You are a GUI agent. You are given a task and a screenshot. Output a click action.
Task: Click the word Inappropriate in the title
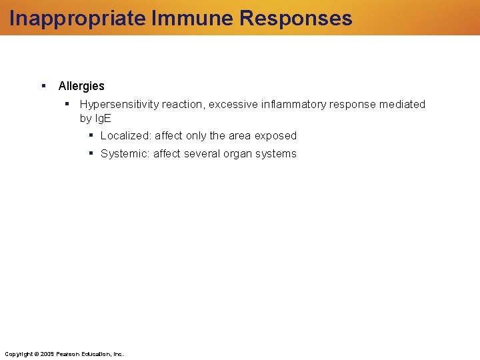pyautogui.click(x=78, y=18)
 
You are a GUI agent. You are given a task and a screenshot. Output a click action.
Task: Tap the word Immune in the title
pyautogui.click(x=193, y=18)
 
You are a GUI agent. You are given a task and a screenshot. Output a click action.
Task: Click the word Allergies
pyautogui.click(x=81, y=86)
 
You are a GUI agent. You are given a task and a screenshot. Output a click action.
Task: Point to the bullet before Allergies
pyautogui.click(x=43, y=85)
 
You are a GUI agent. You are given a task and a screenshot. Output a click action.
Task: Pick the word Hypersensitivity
pyautogui.click(x=119, y=104)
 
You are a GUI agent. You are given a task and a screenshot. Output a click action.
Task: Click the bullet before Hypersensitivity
pyautogui.click(x=67, y=103)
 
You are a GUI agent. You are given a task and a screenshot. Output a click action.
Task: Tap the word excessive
pyautogui.click(x=235, y=104)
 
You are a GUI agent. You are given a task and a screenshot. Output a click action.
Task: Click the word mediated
pyautogui.click(x=403, y=104)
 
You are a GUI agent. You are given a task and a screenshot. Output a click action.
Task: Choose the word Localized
pyautogui.click(x=125, y=135)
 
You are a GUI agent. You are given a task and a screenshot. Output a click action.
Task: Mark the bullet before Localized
pyautogui.click(x=91, y=135)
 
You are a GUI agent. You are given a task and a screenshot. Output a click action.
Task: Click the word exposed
pyautogui.click(x=275, y=135)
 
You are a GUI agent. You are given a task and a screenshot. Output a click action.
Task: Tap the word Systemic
pyautogui.click(x=125, y=153)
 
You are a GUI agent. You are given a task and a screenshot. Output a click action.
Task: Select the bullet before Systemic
pyautogui.click(x=91, y=153)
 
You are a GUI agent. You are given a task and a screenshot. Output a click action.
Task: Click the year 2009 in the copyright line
pyautogui.click(x=47, y=353)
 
